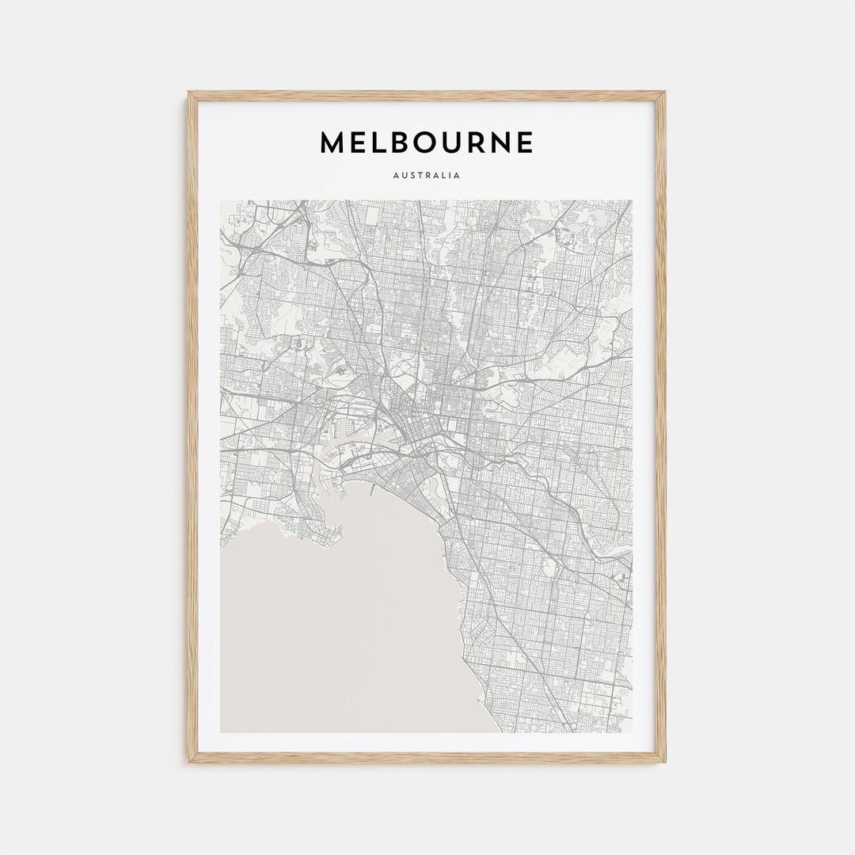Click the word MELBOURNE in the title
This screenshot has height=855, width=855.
coord(427,142)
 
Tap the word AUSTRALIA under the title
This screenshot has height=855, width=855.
coord(427,176)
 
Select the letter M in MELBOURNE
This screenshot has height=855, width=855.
coord(332,142)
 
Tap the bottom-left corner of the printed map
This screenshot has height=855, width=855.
coord(221,732)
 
